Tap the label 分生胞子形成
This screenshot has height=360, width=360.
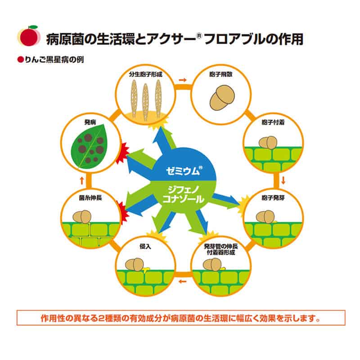point(145,73)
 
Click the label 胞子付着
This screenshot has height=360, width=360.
point(272,122)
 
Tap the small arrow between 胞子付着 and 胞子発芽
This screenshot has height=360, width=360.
point(283,181)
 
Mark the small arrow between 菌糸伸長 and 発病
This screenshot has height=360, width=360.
point(81,181)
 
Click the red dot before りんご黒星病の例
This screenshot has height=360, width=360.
point(20,59)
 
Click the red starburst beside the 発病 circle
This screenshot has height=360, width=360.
point(121,152)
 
